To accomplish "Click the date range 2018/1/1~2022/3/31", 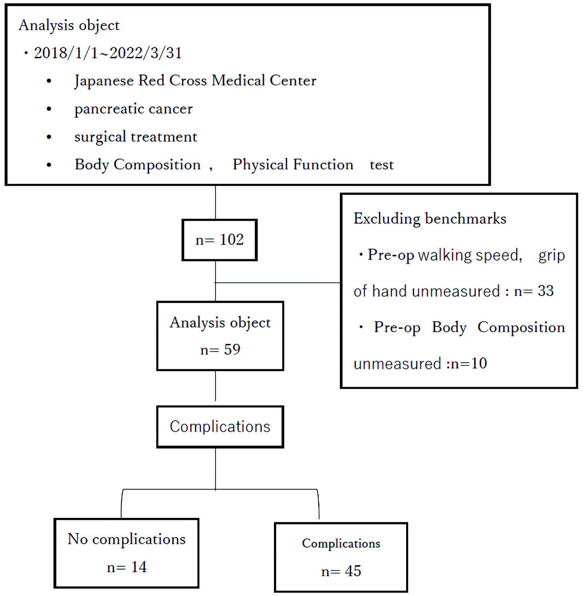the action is [108, 53].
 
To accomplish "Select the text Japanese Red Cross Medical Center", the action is [195, 81].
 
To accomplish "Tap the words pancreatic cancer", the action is [133, 109].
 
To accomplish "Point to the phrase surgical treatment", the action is [136, 137].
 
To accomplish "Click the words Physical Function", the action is [293, 165].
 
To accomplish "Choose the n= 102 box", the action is [220, 240].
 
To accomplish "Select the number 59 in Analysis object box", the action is [232, 349].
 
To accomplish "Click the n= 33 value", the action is [534, 291].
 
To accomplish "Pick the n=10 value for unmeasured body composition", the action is [469, 363].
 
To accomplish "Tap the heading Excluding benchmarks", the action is [430, 219].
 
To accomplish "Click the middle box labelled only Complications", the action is [220, 427].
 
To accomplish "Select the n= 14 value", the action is [127, 567].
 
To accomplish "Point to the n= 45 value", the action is [341, 571].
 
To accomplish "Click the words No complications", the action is [127, 539].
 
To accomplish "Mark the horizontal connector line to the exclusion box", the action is [278, 283].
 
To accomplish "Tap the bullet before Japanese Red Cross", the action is [49, 81].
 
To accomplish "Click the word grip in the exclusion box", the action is [552, 255].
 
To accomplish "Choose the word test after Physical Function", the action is [382, 165].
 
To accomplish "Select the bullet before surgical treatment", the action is [49, 137].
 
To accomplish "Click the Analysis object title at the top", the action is [69, 25].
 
